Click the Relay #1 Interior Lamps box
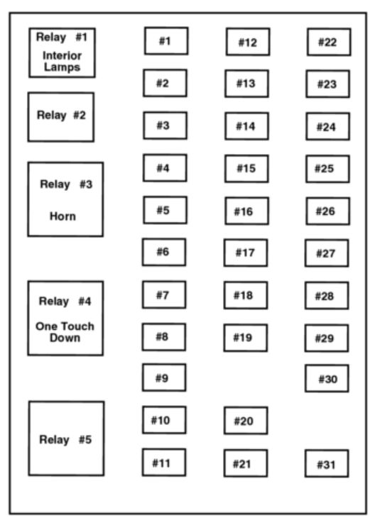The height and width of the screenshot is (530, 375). tap(62, 53)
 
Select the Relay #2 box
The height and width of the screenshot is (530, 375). tap(61, 117)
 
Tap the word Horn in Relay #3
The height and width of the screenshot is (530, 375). tap(62, 216)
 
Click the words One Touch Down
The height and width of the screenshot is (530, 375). tap(65, 332)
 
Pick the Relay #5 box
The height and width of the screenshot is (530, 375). tap(66, 438)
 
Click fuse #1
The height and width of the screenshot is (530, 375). tap(166, 41)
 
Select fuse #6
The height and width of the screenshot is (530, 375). tap(164, 252)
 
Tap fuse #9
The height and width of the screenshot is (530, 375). tap(164, 377)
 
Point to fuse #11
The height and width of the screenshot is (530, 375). tap(164, 463)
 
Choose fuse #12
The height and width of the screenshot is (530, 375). tap(248, 42)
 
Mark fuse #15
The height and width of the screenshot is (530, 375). tap(246, 169)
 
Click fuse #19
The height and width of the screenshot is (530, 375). tap(245, 338)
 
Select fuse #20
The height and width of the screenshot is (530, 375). tap(246, 421)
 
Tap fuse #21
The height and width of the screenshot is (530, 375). tap(246, 463)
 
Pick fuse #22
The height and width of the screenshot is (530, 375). tap(329, 43)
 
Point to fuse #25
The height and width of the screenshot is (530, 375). tap(328, 169)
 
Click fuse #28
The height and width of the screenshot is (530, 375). tap(327, 296)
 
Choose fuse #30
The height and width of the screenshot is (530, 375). tap(327, 378)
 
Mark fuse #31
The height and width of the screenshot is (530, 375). tap(327, 463)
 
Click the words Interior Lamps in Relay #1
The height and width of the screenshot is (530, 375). tap(62, 61)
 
